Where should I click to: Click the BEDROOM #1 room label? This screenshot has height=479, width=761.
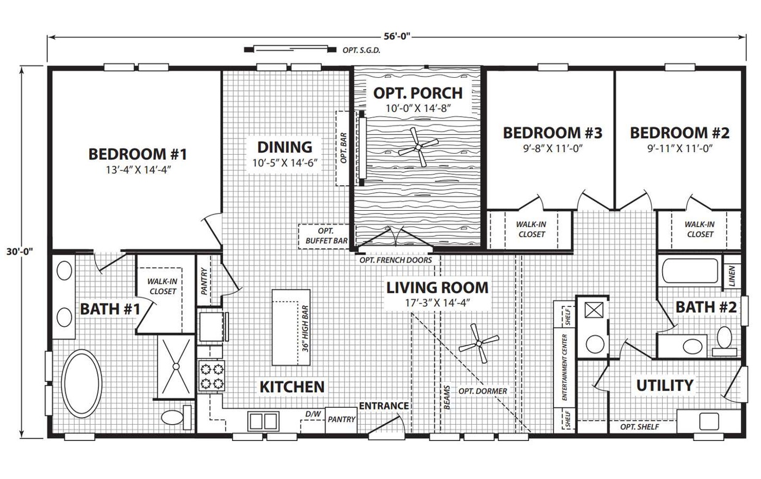[x=138, y=154]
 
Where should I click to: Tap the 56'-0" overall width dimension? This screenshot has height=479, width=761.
[x=396, y=37]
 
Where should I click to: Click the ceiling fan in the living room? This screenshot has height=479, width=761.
[x=479, y=343]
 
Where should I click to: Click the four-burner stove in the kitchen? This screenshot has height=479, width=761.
[x=211, y=376]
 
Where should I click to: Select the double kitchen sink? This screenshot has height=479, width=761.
[x=263, y=420]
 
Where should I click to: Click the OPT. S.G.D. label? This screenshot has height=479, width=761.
[x=361, y=50]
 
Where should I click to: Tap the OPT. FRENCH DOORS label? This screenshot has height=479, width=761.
[x=396, y=260]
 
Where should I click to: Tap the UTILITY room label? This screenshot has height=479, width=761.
[x=664, y=386]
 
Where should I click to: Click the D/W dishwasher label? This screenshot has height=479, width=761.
[x=313, y=414]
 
